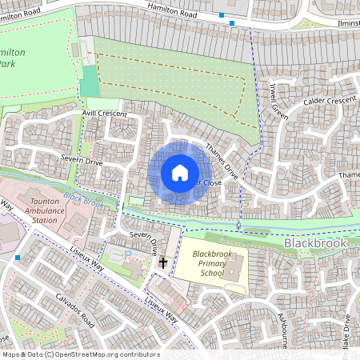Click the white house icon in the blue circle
coord(180,172)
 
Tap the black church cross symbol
coord(163,262)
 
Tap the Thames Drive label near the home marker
coord(221,161)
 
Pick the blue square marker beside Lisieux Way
coord(18,258)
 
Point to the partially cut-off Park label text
coord(7,63)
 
